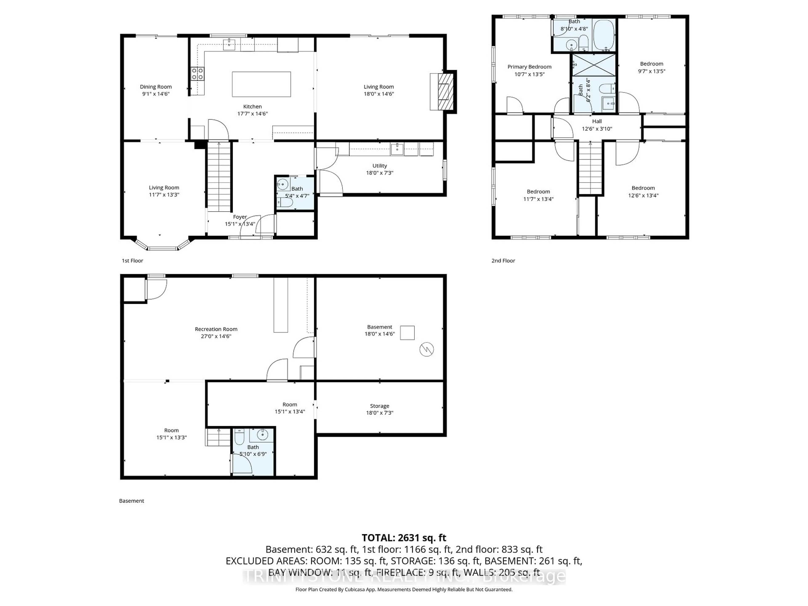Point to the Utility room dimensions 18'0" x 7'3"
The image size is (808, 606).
(380, 173)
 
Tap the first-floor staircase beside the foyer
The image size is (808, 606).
(219, 177)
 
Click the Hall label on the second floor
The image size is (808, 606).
(597, 121)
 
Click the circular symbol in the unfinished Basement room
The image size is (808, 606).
(426, 349)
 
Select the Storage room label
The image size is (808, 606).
(380, 406)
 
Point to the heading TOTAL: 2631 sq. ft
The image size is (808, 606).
(404, 538)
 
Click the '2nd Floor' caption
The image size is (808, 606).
(503, 260)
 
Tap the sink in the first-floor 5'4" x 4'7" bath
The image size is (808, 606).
(282, 183)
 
